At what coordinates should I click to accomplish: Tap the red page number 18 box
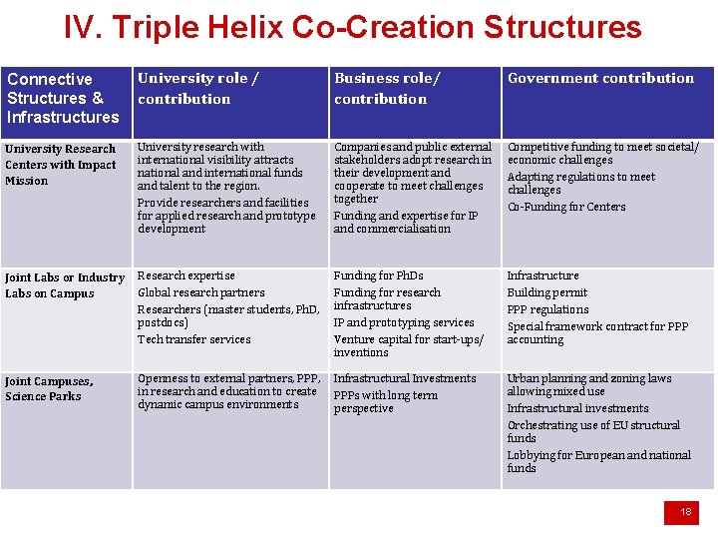[685, 512]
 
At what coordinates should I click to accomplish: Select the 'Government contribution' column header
[600, 78]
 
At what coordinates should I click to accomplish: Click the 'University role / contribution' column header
[197, 88]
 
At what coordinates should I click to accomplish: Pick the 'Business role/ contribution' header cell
[387, 88]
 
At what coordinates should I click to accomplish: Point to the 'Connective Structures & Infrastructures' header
[63, 98]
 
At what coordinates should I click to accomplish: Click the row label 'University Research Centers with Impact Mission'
[61, 165]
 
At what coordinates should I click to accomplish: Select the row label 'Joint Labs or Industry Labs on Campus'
[65, 285]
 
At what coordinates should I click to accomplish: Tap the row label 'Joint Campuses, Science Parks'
[49, 388]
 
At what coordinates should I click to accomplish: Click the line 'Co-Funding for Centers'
[566, 207]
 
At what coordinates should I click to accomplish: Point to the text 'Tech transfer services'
[193, 339]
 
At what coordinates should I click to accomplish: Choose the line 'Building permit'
[546, 292]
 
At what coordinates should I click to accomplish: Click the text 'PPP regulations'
[547, 309]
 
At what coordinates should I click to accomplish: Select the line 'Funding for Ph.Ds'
[378, 275]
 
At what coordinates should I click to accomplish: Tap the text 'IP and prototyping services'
[403, 322]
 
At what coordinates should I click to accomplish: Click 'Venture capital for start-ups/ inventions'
[407, 345]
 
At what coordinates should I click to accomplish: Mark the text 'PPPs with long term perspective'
[385, 402]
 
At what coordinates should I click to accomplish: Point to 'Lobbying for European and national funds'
[598, 461]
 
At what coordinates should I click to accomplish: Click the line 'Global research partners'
[200, 292]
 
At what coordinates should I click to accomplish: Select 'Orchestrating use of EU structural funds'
[593, 431]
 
